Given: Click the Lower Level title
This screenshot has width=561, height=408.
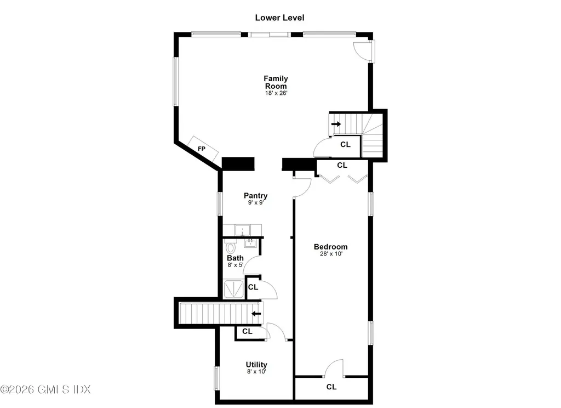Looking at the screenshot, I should (279, 18).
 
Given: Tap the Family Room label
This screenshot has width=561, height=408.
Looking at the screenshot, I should (276, 82).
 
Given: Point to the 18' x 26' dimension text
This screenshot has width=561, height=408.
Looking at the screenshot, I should (276, 93).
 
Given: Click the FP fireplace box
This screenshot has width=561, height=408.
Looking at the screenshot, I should (203, 148).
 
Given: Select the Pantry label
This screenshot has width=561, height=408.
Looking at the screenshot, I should (255, 196).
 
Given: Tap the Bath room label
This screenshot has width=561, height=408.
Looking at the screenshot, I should (236, 258).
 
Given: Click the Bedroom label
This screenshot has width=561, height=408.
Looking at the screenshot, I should (330, 247).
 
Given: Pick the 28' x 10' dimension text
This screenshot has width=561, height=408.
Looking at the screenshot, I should (330, 254).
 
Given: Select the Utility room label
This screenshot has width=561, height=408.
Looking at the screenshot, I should (256, 365).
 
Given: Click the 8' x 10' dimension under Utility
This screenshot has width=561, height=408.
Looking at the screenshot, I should (256, 372).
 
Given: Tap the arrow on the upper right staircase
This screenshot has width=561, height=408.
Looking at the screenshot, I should (336, 124).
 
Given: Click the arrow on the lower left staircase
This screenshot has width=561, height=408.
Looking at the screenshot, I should (256, 314).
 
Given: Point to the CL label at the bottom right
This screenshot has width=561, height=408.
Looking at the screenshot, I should (331, 387).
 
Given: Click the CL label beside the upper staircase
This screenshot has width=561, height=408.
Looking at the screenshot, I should (345, 145).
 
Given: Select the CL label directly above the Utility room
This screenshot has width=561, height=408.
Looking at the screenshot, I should (247, 331).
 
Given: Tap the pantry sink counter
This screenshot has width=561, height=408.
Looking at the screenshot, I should (243, 230).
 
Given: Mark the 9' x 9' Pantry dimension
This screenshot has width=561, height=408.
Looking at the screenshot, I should (255, 203).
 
